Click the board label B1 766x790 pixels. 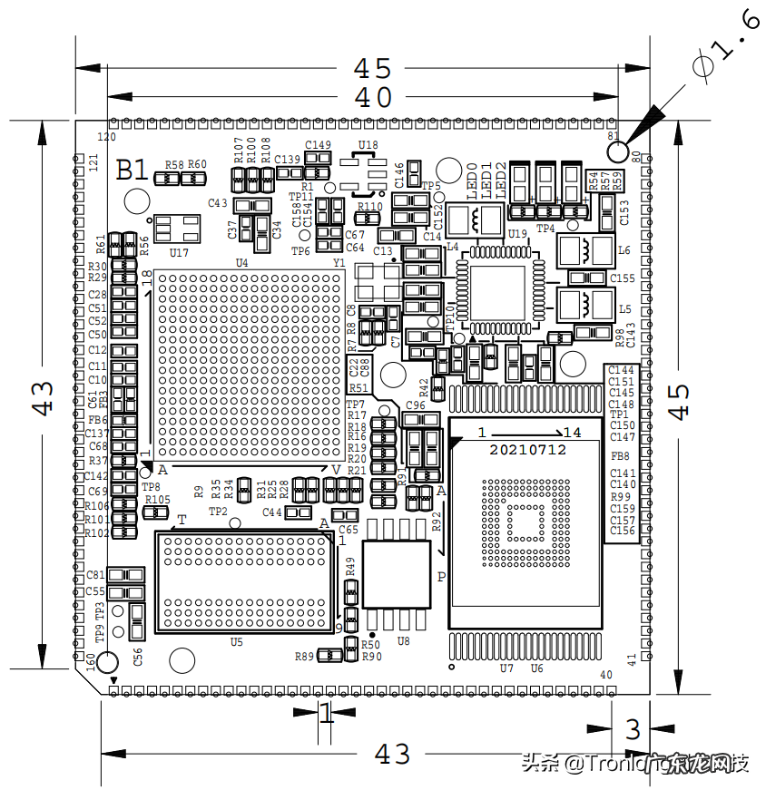pos(133,170)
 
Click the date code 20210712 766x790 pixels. pos(528,450)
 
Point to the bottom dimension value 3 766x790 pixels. pos(633,728)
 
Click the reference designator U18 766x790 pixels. pos(368,145)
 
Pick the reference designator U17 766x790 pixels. pos(179,252)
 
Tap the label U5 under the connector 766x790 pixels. pos(236,642)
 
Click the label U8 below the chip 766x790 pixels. pos(404,641)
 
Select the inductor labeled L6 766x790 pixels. pos(624,250)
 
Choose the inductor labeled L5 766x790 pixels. pos(624,309)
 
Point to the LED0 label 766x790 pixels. pos(472,180)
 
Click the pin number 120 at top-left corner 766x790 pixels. pos(107,137)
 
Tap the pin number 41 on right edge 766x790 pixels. pos(633,658)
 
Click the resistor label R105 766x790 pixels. pos(158,500)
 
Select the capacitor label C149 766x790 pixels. pos(318,145)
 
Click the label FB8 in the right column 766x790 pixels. pos(621,456)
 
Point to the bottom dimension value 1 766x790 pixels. pos(325,714)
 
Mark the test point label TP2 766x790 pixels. pos(218,512)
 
